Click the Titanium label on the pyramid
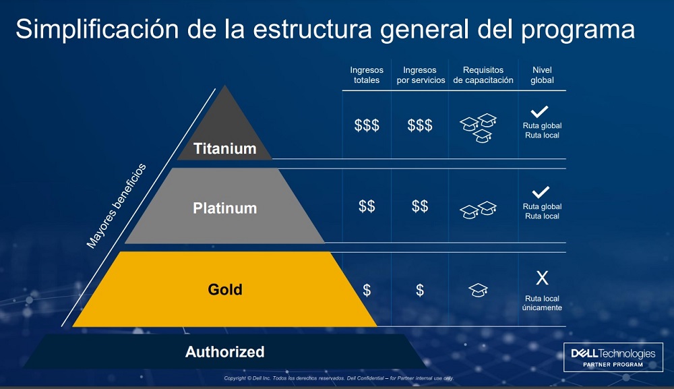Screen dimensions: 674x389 click(x=225, y=148)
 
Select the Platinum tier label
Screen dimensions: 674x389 click(x=225, y=208)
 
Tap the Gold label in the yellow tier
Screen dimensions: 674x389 click(x=225, y=289)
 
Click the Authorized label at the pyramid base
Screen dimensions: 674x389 click(x=225, y=352)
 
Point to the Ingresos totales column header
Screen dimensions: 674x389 click(x=367, y=75)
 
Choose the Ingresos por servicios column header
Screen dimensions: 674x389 click(x=421, y=75)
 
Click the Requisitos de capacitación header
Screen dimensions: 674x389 click(x=483, y=75)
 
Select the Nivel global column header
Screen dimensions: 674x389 click(x=542, y=75)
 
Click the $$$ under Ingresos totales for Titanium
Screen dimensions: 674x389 click(x=367, y=125)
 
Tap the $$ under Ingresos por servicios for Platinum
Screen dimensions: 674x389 click(x=420, y=206)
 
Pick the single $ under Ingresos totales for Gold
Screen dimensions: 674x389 click(x=367, y=291)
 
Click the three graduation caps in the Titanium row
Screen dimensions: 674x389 click(x=478, y=128)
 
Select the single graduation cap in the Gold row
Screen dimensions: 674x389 click(x=478, y=290)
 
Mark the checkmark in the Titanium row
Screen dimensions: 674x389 click(x=539, y=112)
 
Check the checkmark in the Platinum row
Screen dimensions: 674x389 click(x=541, y=192)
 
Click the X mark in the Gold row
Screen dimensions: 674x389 click(x=542, y=278)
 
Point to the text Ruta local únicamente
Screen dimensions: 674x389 click(x=542, y=303)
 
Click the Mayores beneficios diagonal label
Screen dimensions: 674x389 click(x=116, y=206)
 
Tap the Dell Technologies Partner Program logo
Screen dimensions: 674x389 click(x=613, y=357)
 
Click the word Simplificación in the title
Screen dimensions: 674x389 click(x=97, y=29)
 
